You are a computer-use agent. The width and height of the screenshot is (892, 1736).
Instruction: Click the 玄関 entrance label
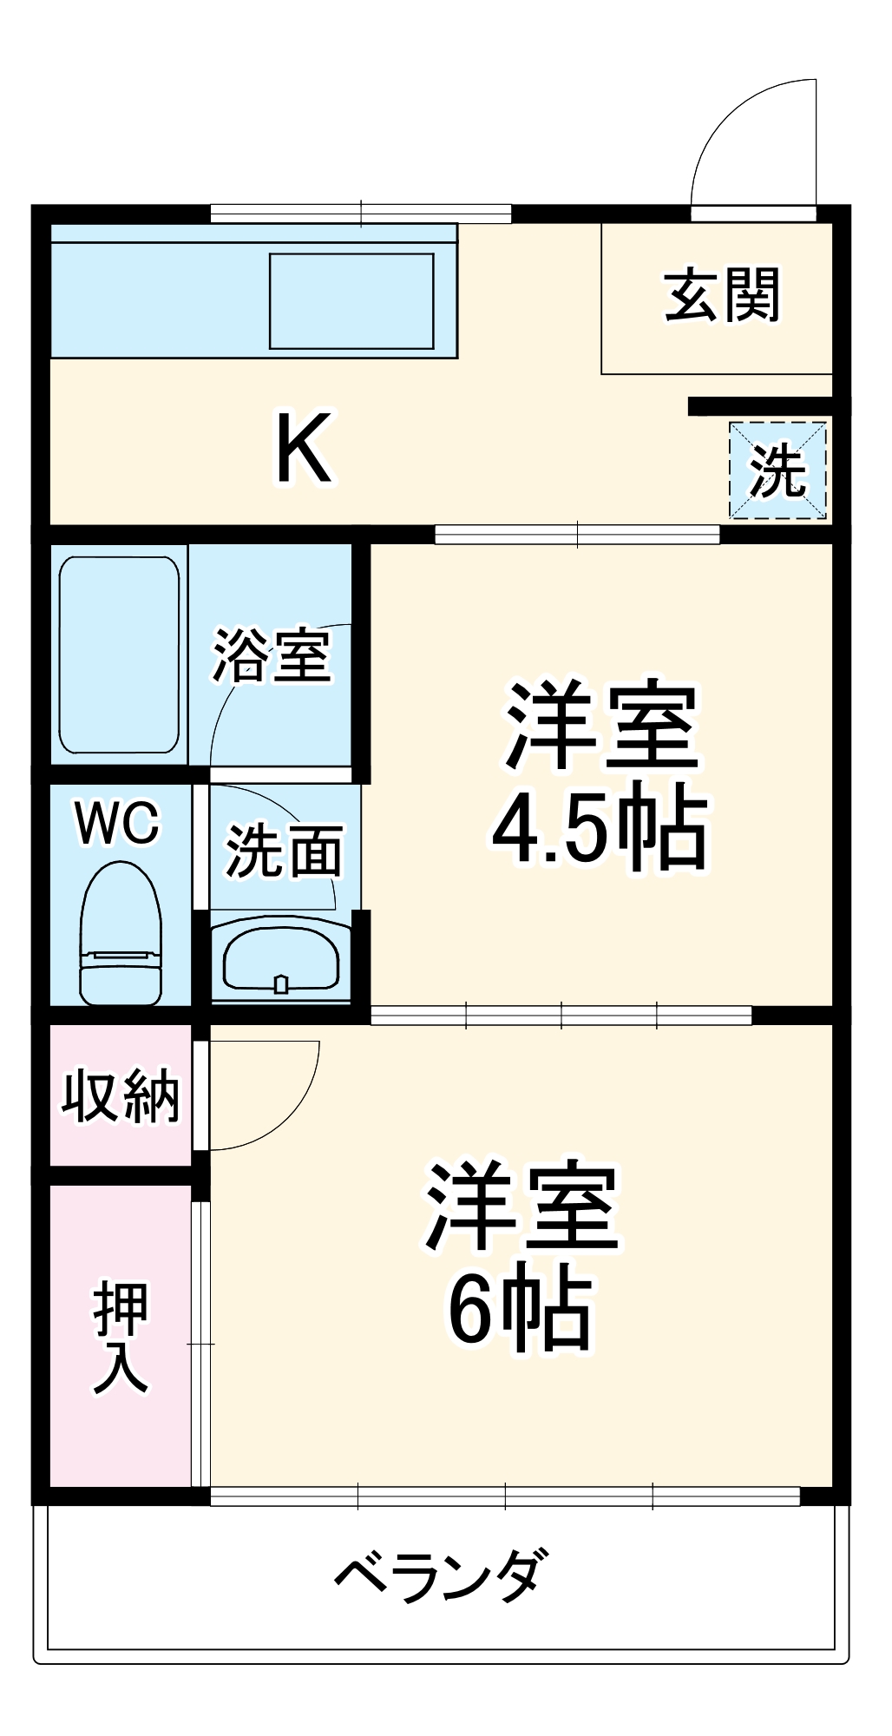pyautogui.click(x=722, y=295)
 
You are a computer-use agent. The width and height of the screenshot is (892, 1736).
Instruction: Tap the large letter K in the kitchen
pyautogui.click(x=304, y=450)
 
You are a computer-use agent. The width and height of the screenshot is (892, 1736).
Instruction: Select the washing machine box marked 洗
pyautogui.click(x=777, y=470)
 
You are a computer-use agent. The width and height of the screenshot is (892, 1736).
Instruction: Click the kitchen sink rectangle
pyautogui.click(x=351, y=300)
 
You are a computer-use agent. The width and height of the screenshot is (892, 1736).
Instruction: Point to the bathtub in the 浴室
pyautogui.click(x=119, y=654)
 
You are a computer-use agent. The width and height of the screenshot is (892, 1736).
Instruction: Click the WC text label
pyautogui.click(x=118, y=822)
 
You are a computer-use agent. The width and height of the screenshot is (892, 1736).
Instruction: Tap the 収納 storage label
pyautogui.click(x=120, y=1095)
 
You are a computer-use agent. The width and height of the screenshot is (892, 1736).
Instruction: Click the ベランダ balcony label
pyautogui.click(x=442, y=1573)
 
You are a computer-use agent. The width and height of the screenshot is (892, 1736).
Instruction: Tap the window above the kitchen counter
pyautogui.click(x=361, y=213)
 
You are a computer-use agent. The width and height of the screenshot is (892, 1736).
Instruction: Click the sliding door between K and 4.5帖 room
pyautogui.click(x=577, y=534)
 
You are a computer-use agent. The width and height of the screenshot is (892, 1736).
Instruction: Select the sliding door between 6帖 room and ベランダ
pyautogui.click(x=505, y=1496)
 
